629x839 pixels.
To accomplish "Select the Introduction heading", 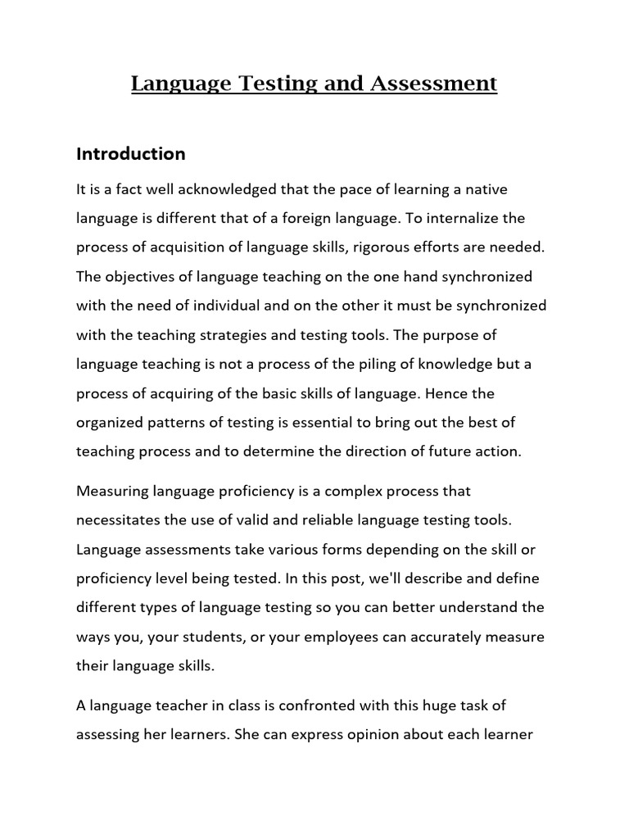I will (x=131, y=154).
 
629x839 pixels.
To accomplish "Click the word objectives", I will (x=139, y=277).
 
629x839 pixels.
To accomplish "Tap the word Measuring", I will (x=109, y=492).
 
